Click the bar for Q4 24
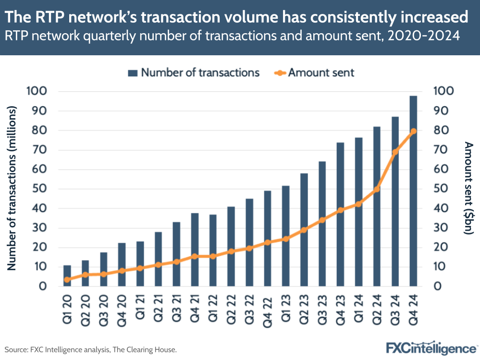413,191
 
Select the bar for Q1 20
67,275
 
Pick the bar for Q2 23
304,229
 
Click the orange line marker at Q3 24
395,152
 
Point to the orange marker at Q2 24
377,189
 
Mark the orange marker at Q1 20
67,279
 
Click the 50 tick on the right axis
443,189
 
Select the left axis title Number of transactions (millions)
13,188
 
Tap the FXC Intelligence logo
431,348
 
